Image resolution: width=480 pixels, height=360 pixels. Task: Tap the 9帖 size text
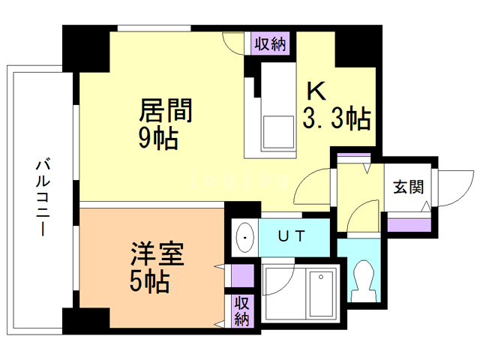point(158,138)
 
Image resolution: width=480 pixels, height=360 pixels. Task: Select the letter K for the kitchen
point(315,91)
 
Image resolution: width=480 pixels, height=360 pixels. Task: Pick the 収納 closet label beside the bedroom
point(241,310)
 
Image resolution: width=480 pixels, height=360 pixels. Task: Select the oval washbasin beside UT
point(244,238)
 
